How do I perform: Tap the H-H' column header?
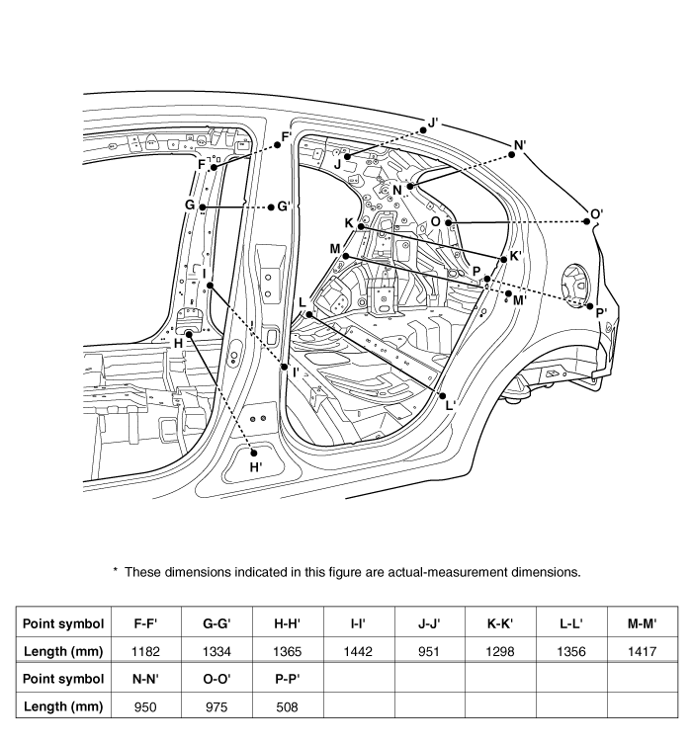pyautogui.click(x=287, y=623)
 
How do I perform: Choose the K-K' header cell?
pyautogui.click(x=501, y=623)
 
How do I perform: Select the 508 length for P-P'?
pyautogui.click(x=287, y=706)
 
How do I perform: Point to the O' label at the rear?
pyautogui.click(x=596, y=212)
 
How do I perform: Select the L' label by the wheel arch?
pyautogui.click(x=450, y=404)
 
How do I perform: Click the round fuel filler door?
pyautogui.click(x=570, y=284)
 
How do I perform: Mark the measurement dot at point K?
pyautogui.click(x=362, y=227)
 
